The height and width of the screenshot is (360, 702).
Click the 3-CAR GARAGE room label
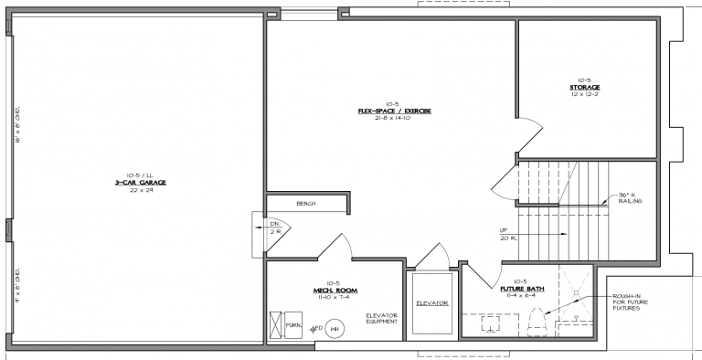[x=133, y=182]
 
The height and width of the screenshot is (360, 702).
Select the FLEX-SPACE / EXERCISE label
[x=394, y=111]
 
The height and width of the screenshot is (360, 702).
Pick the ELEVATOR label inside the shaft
[x=431, y=302]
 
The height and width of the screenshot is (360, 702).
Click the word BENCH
[x=305, y=204]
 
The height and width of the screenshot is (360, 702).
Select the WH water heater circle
[x=335, y=328]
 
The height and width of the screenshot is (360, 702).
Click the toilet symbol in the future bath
[x=537, y=323]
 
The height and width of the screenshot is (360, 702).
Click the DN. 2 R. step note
[x=274, y=228]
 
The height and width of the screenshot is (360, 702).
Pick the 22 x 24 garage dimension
[x=133, y=189]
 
